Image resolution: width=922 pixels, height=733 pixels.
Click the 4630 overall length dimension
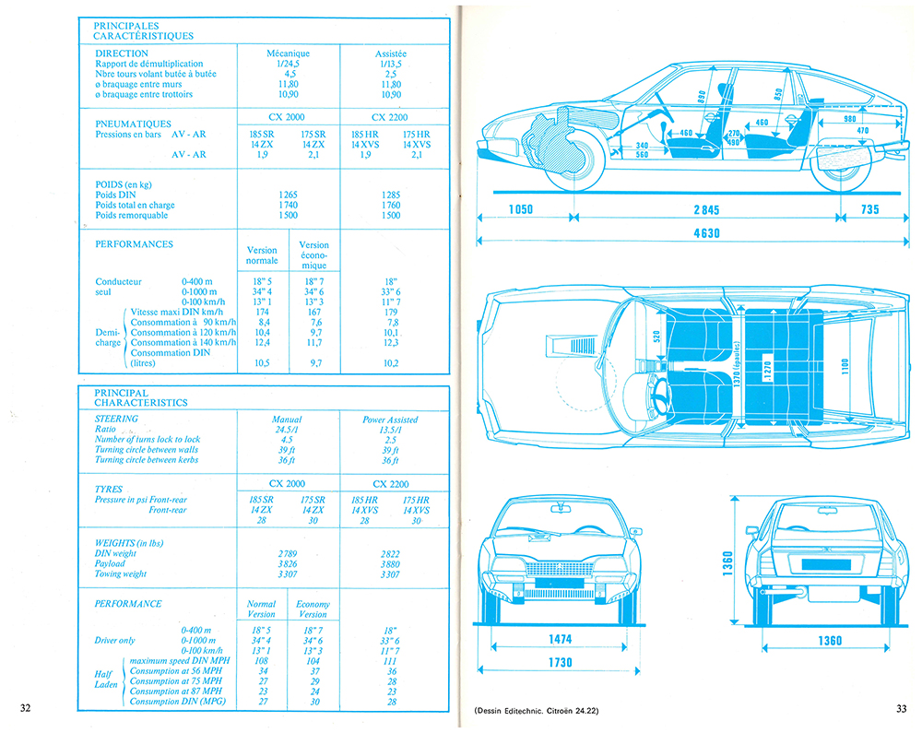tap(706, 233)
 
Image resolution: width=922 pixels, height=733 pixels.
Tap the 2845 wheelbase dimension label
tap(706, 210)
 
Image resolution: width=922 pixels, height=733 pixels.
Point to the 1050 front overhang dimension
tap(520, 209)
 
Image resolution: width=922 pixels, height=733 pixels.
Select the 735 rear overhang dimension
tap(869, 209)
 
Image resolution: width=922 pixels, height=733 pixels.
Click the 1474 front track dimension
tap(560, 639)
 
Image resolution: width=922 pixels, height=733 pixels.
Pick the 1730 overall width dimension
tap(560, 662)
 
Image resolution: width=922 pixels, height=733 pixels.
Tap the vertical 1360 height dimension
tap(727, 563)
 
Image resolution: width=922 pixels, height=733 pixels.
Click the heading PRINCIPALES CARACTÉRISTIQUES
tap(143, 30)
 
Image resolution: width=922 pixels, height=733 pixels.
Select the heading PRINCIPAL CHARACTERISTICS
tap(140, 397)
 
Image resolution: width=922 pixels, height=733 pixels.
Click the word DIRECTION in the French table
tap(122, 53)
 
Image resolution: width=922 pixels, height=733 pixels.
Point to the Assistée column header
tap(390, 53)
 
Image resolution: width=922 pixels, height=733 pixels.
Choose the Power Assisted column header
tap(390, 420)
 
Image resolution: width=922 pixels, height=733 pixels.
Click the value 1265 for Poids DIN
tap(288, 195)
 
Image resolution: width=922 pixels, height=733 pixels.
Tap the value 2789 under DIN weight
tap(288, 554)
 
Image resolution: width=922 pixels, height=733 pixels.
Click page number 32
tap(25, 708)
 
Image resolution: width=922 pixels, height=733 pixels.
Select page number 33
tap(901, 708)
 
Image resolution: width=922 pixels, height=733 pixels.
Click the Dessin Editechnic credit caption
tap(536, 711)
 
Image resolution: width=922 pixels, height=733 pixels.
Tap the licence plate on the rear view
tap(826, 564)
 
